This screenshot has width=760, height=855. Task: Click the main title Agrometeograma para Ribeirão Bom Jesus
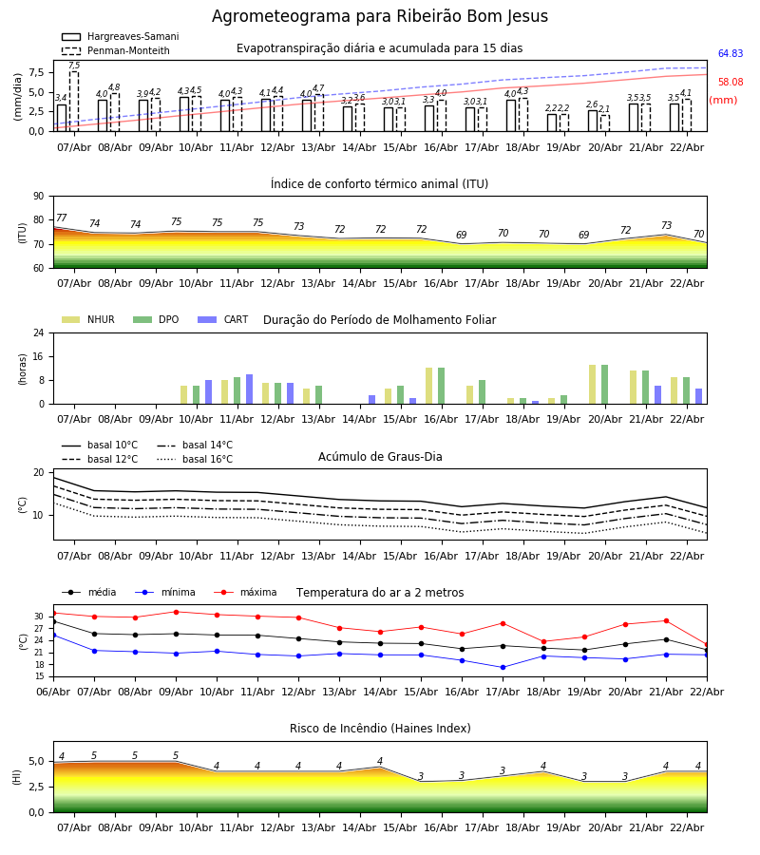click(380, 17)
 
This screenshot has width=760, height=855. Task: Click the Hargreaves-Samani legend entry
click(120, 37)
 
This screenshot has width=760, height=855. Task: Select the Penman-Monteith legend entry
click(116, 51)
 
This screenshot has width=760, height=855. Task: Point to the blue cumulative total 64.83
click(731, 54)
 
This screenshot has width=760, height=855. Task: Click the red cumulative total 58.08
click(731, 83)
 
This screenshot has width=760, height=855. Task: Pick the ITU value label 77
click(62, 218)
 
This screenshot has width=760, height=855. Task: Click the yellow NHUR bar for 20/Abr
click(593, 385)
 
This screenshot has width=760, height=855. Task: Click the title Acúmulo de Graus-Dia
click(380, 457)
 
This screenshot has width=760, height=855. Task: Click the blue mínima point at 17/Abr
click(503, 667)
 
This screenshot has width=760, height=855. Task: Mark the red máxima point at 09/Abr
click(176, 612)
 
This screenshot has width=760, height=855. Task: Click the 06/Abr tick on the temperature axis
click(53, 691)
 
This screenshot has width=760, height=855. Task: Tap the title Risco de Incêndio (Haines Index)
click(380, 729)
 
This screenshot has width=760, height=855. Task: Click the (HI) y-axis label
click(17, 776)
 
